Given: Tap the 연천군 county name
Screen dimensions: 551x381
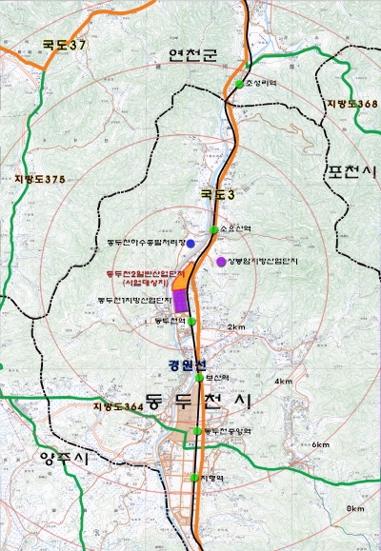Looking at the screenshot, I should [x=194, y=55].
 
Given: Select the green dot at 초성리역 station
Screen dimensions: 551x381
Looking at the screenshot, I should [x=239, y=85].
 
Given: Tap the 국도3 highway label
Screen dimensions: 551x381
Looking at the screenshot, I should [x=215, y=195].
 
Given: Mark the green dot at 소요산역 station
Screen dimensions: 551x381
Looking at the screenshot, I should [x=213, y=229].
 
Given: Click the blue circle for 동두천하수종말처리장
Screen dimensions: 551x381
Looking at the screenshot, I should [x=190, y=244].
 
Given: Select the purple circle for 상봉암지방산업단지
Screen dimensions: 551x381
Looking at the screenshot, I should [x=221, y=261].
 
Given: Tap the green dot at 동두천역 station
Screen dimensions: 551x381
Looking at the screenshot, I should [x=192, y=322].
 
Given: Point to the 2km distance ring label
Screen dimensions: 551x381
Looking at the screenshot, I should [x=237, y=326].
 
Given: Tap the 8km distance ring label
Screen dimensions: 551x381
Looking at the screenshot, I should [x=355, y=509].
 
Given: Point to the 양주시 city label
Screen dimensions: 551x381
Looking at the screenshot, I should [x=63, y=459].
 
